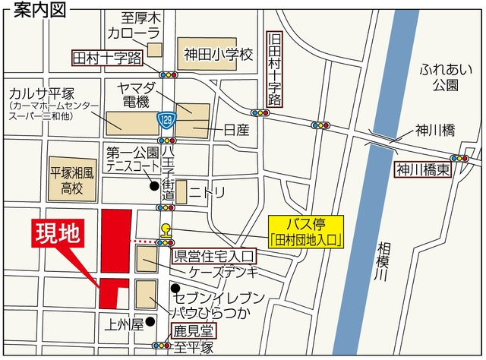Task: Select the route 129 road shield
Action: (x=165, y=118)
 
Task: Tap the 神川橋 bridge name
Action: (x=434, y=131)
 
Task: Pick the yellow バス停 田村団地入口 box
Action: (x=307, y=231)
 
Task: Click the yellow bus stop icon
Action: (x=165, y=230)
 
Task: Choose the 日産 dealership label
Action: (x=236, y=131)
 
